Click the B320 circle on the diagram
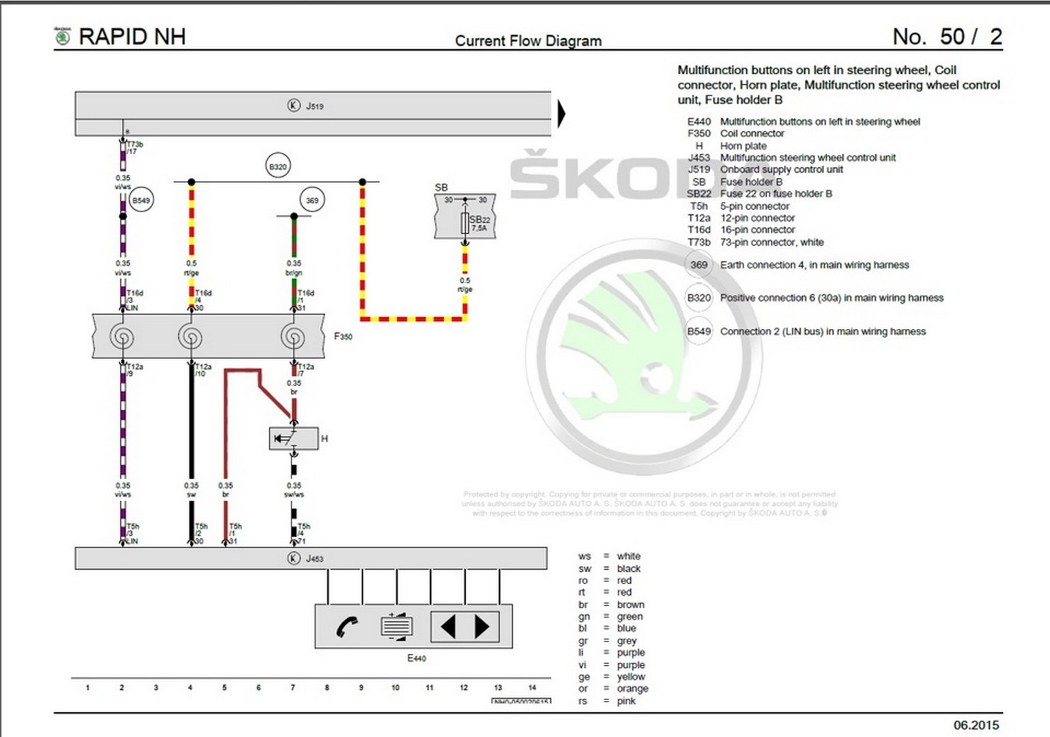tap(278, 167)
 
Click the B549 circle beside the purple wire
tap(141, 200)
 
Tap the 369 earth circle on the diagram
tap(312, 200)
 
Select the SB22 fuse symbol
tap(466, 223)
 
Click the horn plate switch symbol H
tap(294, 438)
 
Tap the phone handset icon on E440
tap(347, 626)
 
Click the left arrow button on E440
tap(448, 626)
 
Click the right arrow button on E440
tap(482, 626)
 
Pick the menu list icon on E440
tap(397, 626)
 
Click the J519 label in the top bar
tap(315, 106)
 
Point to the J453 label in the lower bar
tap(315, 559)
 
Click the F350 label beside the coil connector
tap(343, 336)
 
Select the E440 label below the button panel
tap(416, 659)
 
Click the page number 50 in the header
tap(952, 37)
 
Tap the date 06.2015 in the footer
tap(976, 725)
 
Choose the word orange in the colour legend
tap(632, 689)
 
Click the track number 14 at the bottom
tap(532, 688)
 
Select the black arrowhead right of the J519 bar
tap(561, 113)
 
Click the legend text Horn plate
tap(743, 146)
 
